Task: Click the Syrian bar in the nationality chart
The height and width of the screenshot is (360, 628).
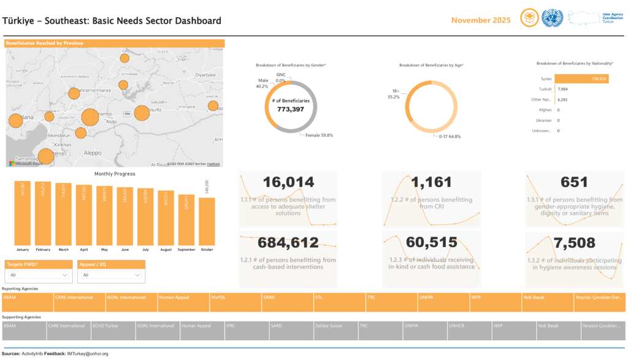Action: click(581, 79)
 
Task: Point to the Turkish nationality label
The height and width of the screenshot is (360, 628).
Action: click(544, 89)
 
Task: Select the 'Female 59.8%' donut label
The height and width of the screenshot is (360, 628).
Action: click(319, 135)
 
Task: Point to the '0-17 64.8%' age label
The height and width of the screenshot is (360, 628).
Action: click(450, 136)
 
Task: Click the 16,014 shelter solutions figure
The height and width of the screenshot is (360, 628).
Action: click(288, 182)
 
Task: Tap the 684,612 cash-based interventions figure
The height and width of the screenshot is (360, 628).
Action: click(288, 242)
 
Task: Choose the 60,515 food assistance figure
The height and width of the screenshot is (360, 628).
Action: click(432, 242)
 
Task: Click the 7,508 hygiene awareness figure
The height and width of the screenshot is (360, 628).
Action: click(574, 243)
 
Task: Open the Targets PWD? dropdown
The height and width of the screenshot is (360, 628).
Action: click(38, 275)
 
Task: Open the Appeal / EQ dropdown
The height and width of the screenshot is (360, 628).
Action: click(111, 275)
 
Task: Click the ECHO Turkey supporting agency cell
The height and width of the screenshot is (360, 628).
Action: click(112, 330)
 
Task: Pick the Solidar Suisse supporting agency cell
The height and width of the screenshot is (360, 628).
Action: click(335, 330)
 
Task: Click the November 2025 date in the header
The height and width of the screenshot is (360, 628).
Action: click(481, 20)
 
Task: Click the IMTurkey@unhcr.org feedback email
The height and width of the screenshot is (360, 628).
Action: click(87, 354)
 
